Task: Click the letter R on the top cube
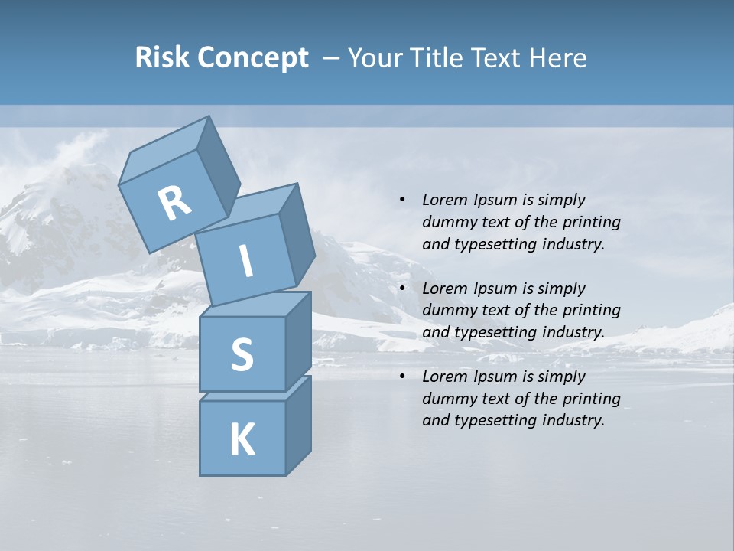coord(174,203)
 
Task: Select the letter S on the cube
coord(242,354)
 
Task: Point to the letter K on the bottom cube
coord(242,439)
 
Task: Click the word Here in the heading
coord(558,57)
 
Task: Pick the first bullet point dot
coord(402,200)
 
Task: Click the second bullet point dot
coord(402,289)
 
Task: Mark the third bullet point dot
coord(402,377)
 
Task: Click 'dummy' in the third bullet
coord(448,398)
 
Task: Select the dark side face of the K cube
coord(298,425)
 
